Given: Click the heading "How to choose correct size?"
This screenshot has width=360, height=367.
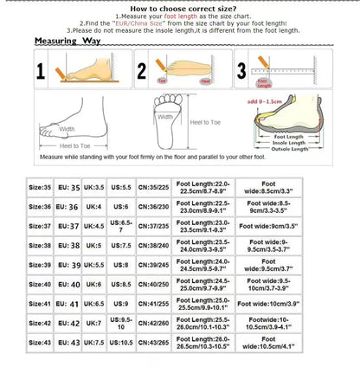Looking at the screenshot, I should pyautogui.click(x=180, y=7).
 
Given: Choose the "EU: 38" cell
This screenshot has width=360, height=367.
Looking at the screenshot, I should pyautogui.click(x=68, y=245).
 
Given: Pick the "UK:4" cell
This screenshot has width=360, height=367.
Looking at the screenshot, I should pyautogui.click(x=94, y=207).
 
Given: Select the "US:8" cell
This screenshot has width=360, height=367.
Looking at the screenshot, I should pyautogui.click(x=122, y=264).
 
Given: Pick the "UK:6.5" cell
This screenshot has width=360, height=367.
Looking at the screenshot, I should pyautogui.click(x=94, y=304).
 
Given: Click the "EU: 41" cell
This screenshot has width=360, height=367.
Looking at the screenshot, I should pyautogui.click(x=68, y=304).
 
